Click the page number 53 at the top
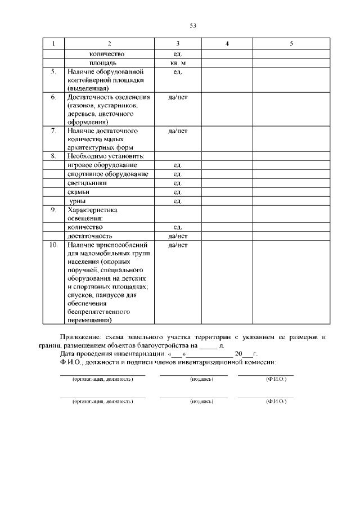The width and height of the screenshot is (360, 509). click(x=193, y=26)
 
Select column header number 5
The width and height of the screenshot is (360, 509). click(x=291, y=44)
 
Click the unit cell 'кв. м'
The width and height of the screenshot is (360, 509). click(x=178, y=63)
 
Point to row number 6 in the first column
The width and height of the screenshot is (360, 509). click(x=53, y=97)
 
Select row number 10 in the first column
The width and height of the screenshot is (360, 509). click(x=54, y=245)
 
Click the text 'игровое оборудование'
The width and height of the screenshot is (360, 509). click(x=102, y=165)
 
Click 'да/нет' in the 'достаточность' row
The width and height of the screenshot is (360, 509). click(x=178, y=236)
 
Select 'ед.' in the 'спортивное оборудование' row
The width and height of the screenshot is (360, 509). click(x=178, y=174)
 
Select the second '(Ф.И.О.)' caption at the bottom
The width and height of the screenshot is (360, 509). click(x=276, y=402)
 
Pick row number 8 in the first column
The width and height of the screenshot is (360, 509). click(x=53, y=156)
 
